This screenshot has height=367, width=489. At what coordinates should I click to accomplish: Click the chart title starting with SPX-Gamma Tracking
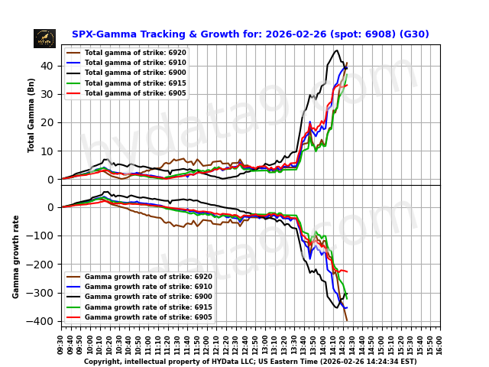pyautogui.click(x=250, y=34)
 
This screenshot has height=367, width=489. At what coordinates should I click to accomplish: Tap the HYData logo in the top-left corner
pyautogui.click(x=44, y=38)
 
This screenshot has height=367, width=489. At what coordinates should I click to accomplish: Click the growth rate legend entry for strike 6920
pyautogui.click(x=148, y=277)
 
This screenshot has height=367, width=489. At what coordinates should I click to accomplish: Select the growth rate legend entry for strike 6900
pyautogui.click(x=148, y=297)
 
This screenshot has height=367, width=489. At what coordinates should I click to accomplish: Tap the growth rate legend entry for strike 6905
pyautogui.click(x=148, y=317)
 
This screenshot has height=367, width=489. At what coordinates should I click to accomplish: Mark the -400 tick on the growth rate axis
pyautogui.click(x=47, y=321)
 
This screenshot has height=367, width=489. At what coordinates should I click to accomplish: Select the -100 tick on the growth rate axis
pyautogui.click(x=47, y=235)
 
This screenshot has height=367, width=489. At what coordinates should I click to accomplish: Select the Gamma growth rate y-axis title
pyautogui.click(x=16, y=256)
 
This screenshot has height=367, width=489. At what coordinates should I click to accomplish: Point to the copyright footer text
pyautogui.click(x=250, y=362)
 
